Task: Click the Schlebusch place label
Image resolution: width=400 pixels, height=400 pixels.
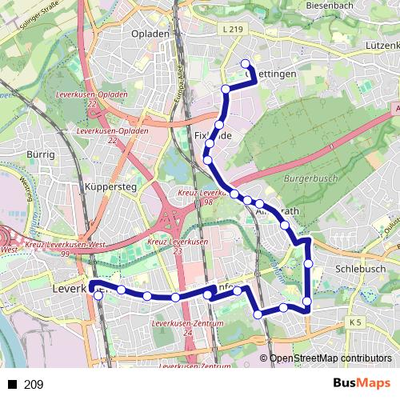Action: coord(361,270)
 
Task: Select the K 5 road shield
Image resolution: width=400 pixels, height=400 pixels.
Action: coord(355,322)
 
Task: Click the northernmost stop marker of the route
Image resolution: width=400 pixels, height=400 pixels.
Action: coord(245,66)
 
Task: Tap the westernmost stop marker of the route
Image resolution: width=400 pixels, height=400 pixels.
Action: coord(98,295)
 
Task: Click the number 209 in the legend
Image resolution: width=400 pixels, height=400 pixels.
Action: coord(34,384)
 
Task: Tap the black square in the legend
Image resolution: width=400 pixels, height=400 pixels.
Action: coord(12,384)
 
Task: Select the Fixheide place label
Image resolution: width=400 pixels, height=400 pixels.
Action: coord(213,136)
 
